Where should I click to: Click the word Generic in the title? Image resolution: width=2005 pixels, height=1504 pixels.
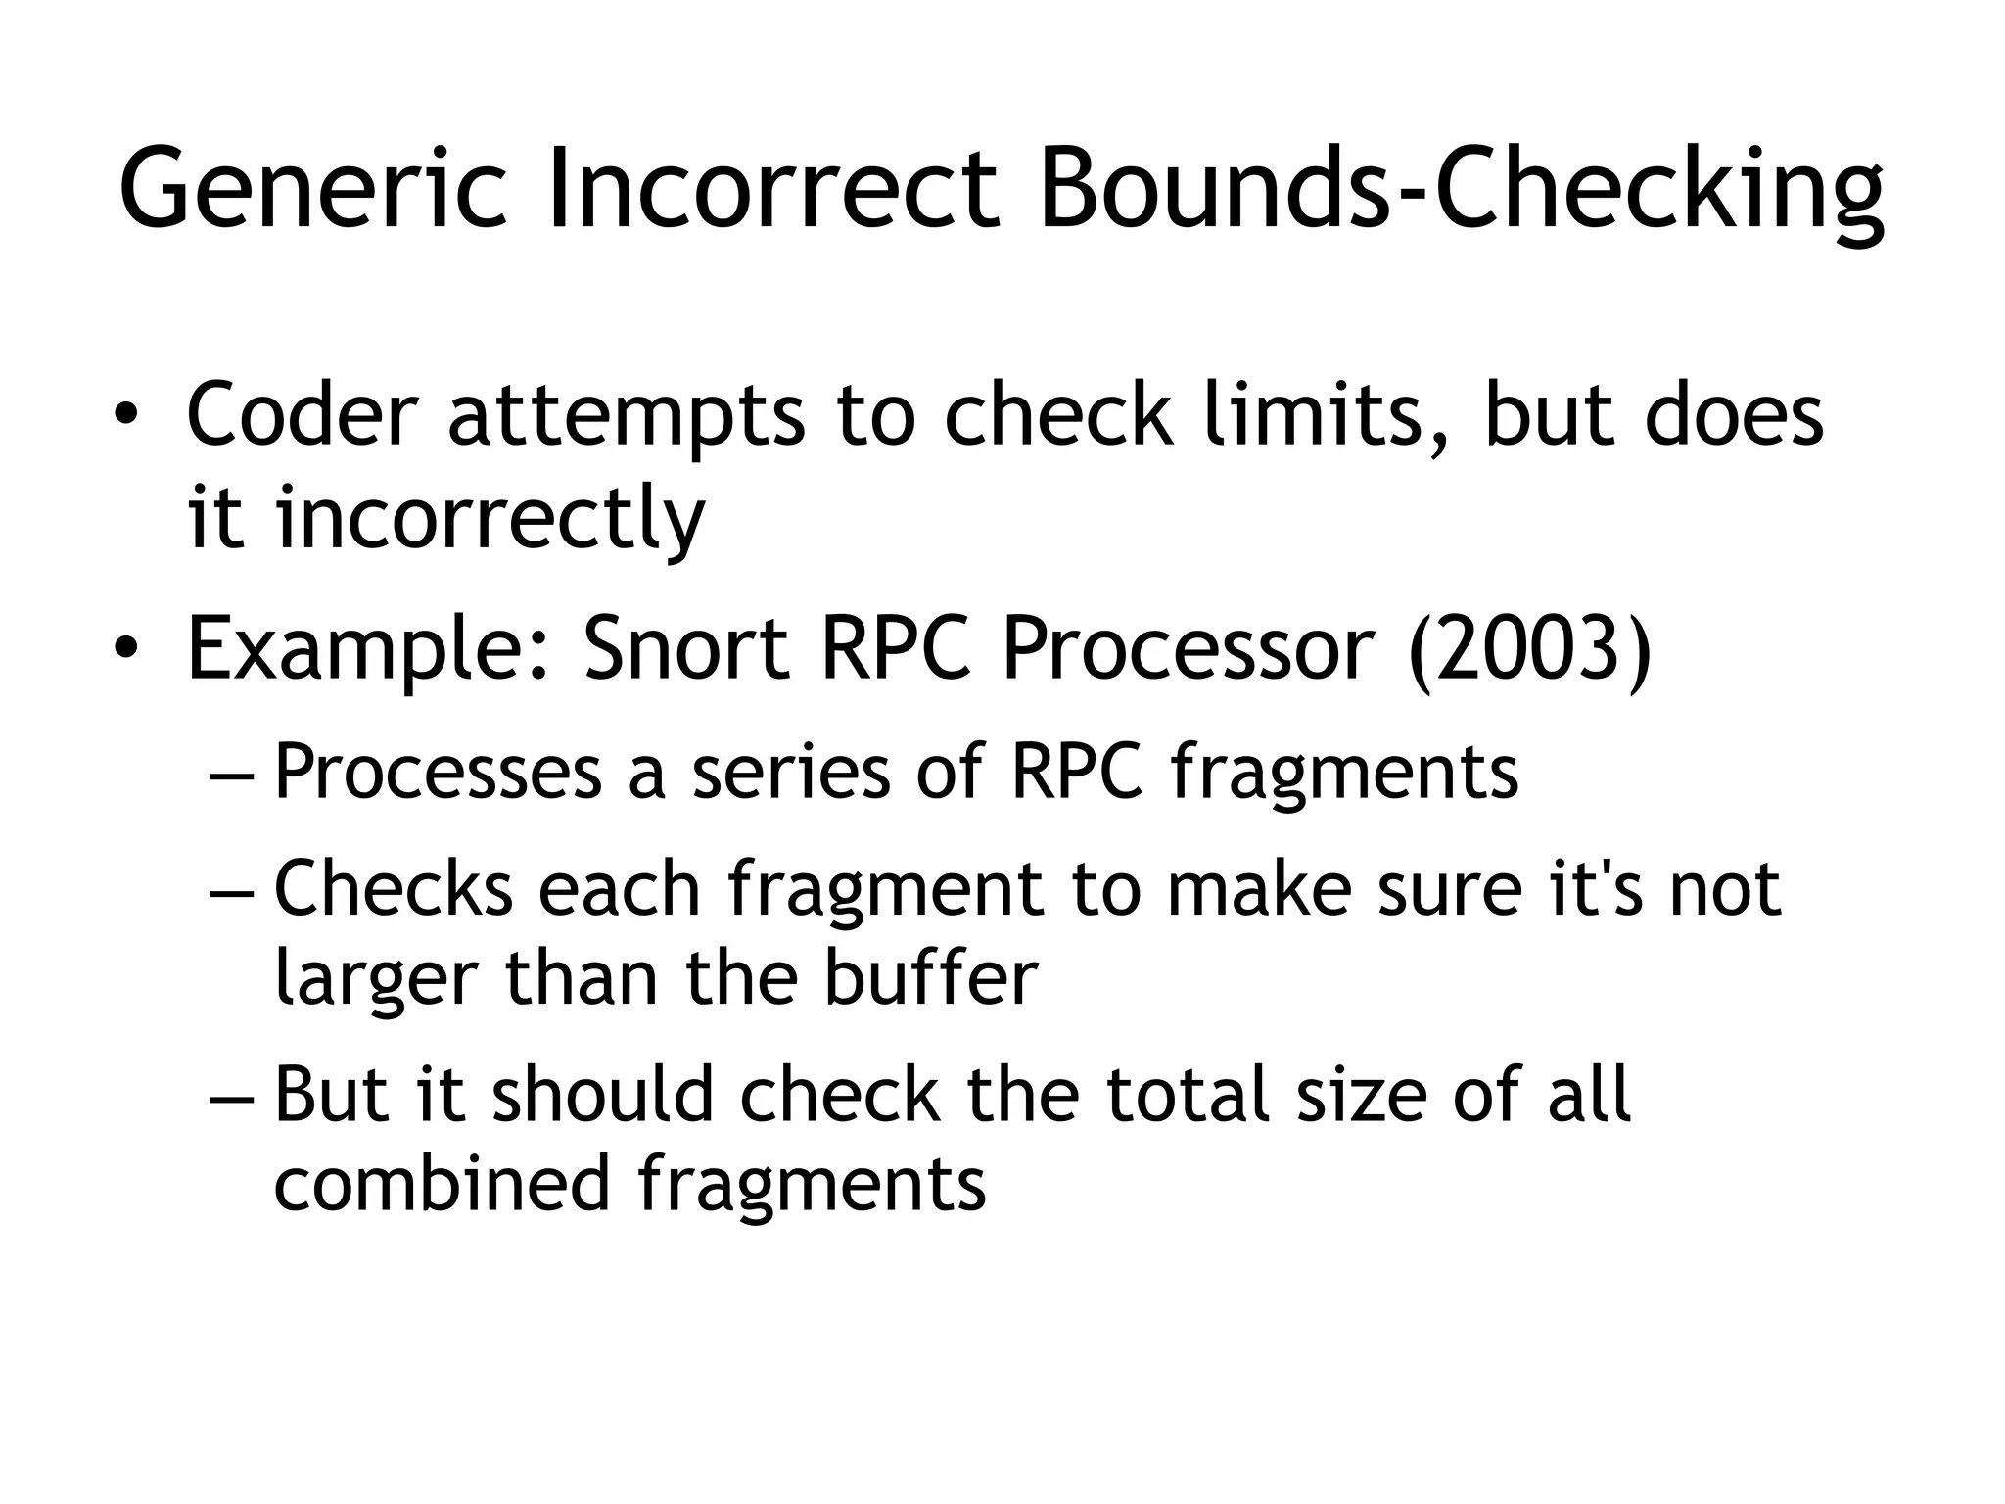coord(312,188)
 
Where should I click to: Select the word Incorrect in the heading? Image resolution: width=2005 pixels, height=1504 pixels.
coord(773,188)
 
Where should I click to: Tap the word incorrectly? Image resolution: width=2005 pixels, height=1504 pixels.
coord(490,519)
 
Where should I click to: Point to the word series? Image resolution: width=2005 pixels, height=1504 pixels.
coord(792,772)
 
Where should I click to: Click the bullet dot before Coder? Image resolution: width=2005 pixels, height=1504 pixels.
coord(124,416)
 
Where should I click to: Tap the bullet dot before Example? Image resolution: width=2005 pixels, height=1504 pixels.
coord(124,650)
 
